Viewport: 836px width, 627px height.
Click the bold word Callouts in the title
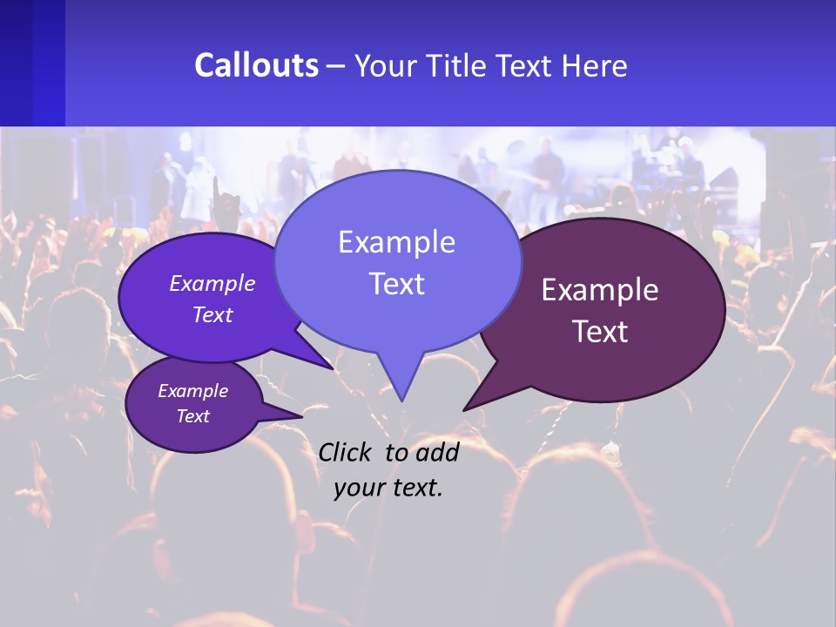click(256, 65)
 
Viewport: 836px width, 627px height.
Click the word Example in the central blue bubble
click(396, 242)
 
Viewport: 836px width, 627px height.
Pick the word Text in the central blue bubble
click(396, 284)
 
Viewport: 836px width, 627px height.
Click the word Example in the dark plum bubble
click(600, 290)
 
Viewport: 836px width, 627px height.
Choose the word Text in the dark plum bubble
click(600, 332)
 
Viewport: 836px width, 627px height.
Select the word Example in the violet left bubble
click(212, 283)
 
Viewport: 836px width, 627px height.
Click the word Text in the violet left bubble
click(212, 314)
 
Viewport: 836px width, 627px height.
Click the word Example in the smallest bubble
click(193, 391)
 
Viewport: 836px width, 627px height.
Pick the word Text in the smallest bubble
click(193, 416)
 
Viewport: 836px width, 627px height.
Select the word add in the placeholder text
click(437, 452)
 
